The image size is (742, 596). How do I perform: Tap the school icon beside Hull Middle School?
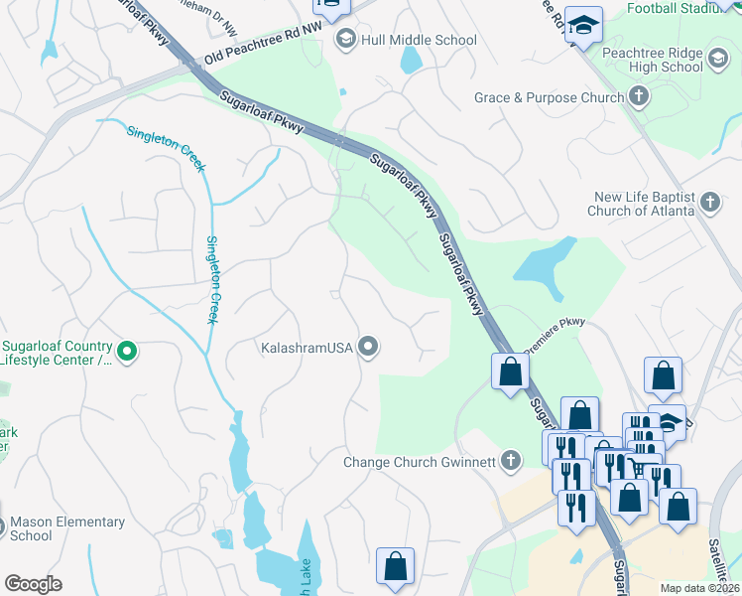tap(346, 40)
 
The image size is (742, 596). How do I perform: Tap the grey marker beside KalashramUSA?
tap(369, 347)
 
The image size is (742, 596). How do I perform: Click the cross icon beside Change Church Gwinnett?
tap(510, 460)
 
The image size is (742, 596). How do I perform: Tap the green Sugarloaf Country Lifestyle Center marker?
tap(127, 350)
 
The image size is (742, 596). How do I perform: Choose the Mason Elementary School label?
tap(66, 528)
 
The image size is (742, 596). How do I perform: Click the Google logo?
tap(33, 584)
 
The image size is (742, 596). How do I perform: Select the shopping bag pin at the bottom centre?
tap(395, 566)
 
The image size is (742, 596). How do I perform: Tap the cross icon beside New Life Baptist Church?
tap(709, 203)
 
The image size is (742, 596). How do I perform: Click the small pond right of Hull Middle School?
tap(410, 60)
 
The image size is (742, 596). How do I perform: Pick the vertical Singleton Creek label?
tap(211, 279)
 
